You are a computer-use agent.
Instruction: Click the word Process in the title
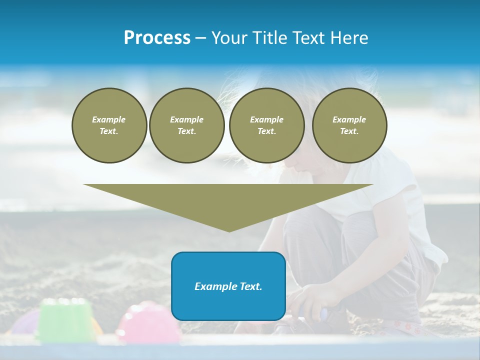(157, 38)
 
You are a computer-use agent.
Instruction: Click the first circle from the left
(109, 125)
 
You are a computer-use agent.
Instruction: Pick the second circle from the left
(186, 125)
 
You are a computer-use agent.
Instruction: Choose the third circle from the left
(266, 125)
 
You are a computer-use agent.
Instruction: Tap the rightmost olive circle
(349, 125)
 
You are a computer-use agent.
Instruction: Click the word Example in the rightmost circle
(349, 119)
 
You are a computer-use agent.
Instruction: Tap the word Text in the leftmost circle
(108, 131)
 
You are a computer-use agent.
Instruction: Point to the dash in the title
(200, 38)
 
